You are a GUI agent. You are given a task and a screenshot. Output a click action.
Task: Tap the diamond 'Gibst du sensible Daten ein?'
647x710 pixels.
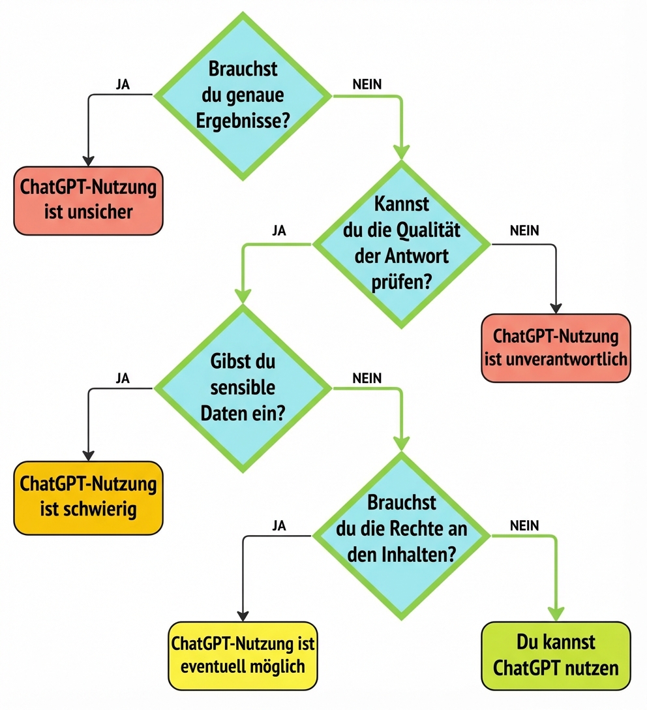(x=243, y=388)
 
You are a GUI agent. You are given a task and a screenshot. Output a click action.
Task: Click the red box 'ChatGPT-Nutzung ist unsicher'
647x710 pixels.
(x=89, y=200)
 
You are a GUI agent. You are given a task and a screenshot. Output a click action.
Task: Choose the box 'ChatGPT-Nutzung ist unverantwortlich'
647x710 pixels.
(x=556, y=347)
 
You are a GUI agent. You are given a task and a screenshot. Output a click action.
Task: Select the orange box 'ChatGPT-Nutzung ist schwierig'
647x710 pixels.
(x=89, y=497)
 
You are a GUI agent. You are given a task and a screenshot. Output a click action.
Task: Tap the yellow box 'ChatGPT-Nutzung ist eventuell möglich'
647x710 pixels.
(x=243, y=655)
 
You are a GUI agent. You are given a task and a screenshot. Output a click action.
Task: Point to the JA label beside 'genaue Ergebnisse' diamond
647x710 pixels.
(x=122, y=84)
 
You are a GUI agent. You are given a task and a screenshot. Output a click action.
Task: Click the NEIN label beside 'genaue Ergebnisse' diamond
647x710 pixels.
(x=367, y=84)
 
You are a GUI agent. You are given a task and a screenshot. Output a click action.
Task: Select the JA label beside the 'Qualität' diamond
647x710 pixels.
(x=279, y=231)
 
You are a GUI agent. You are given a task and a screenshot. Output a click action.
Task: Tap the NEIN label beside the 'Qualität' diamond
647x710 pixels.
(x=524, y=231)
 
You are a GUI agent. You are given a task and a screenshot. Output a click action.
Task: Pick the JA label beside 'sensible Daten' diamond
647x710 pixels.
(x=122, y=378)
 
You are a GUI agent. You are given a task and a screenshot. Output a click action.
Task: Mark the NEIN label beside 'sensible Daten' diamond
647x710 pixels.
(x=367, y=378)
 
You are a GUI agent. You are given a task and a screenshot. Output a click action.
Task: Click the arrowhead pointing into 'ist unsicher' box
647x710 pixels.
(x=89, y=161)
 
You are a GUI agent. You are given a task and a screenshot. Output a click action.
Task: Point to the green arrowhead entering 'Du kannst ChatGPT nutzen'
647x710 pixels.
(x=556, y=614)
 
